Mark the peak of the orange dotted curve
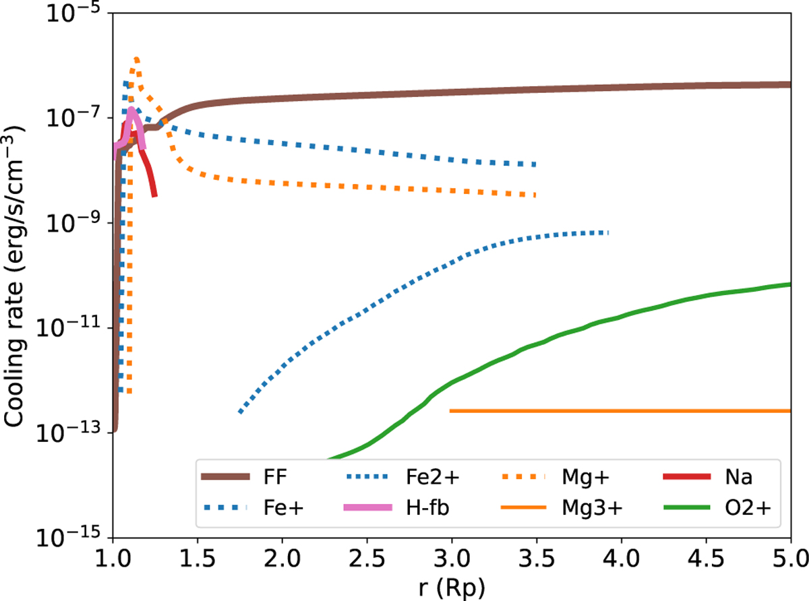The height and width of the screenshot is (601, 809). pos(137,59)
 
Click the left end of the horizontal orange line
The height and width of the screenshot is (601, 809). pos(451,410)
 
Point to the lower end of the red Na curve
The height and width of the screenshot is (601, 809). pos(155,195)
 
